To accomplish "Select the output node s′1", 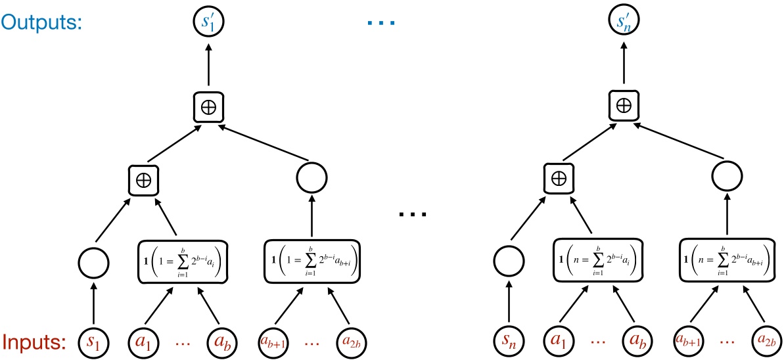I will coord(208,24).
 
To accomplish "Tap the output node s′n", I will coord(622,24).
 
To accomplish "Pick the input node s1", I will coord(93,343).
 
